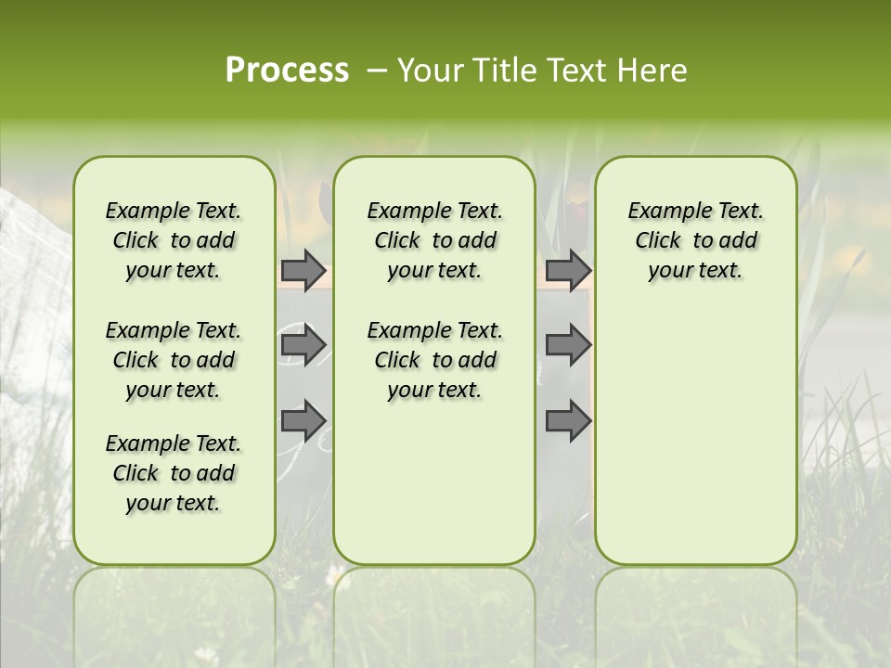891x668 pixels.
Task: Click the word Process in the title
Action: click(x=287, y=70)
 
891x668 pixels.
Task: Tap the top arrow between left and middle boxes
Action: click(x=303, y=270)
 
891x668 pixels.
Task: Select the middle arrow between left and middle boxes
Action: click(x=303, y=345)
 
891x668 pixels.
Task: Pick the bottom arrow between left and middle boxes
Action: click(x=303, y=420)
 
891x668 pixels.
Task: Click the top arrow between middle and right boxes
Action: click(x=568, y=270)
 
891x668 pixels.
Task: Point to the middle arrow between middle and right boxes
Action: click(x=568, y=345)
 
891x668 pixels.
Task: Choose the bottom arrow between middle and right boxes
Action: click(x=568, y=420)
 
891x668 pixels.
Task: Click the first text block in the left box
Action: click(x=174, y=240)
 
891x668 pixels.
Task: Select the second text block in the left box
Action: click(x=174, y=360)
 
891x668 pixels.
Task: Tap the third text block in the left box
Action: click(x=174, y=473)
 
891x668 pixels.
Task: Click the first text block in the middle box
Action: click(x=434, y=240)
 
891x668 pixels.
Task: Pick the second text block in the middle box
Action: click(x=434, y=360)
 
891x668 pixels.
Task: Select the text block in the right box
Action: click(x=695, y=240)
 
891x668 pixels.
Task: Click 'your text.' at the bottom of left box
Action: click(x=174, y=503)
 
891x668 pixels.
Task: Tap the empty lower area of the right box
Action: click(x=695, y=436)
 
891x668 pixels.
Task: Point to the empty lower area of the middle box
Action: click(x=434, y=482)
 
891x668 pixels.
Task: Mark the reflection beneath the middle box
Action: click(x=434, y=603)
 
